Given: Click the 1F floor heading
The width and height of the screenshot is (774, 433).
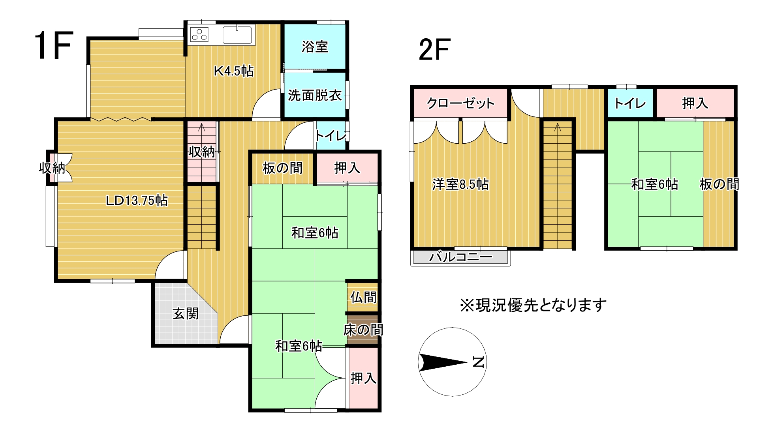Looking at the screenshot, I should click(54, 46).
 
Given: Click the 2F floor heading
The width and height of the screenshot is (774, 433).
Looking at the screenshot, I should click(434, 50).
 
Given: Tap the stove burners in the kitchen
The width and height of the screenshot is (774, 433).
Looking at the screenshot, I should click(199, 35).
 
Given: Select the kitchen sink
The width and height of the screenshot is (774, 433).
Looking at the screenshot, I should click(237, 35).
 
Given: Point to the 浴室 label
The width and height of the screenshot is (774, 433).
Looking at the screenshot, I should click(315, 47).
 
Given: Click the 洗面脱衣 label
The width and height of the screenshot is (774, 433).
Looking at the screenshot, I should click(315, 95).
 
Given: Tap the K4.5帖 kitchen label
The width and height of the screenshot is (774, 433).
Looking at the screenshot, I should click(233, 71).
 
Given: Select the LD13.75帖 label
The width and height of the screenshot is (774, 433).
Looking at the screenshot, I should click(137, 201).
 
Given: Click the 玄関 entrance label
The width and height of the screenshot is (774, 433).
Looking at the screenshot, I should click(186, 314).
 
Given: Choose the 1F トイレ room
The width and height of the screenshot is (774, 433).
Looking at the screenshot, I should click(331, 136).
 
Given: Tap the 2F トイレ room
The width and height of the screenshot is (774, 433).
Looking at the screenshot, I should click(630, 103).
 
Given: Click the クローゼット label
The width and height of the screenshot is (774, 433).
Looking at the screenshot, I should click(460, 103).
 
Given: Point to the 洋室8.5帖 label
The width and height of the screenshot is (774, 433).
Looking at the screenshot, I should click(460, 184).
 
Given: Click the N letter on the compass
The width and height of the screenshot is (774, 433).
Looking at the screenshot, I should click(478, 362).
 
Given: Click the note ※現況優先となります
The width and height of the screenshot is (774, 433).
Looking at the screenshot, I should click(533, 305).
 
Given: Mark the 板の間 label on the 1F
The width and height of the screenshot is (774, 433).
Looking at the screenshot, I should click(282, 168).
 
